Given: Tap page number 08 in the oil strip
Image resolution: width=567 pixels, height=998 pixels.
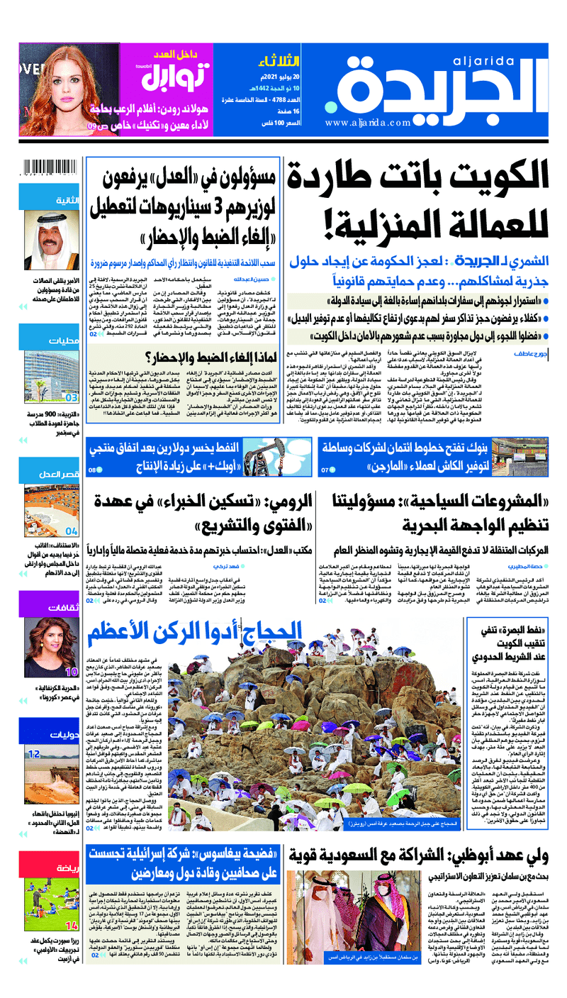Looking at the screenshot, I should (93, 470).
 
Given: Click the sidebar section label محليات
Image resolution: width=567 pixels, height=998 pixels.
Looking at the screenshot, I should (60, 341).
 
